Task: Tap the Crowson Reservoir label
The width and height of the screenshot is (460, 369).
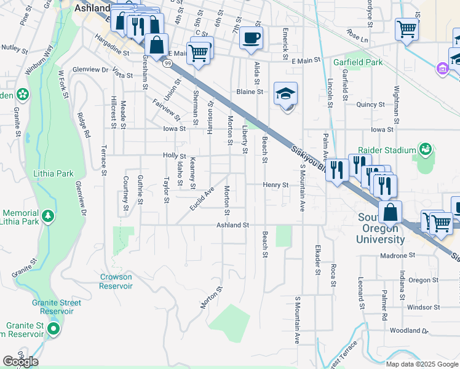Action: (116, 282)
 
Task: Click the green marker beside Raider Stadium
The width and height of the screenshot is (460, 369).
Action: (425, 149)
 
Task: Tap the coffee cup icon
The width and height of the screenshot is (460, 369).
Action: (251, 38)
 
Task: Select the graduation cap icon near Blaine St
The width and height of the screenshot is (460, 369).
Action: (285, 94)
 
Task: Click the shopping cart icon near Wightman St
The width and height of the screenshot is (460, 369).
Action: (407, 28)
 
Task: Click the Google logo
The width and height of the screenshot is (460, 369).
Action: (20, 362)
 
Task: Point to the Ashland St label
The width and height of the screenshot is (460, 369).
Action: (232, 226)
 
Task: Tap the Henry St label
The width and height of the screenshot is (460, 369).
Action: (276, 184)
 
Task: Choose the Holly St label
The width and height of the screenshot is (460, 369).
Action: (174, 156)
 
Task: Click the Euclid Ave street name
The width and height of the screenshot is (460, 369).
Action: (201, 198)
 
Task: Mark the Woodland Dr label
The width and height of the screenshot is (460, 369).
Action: (409, 331)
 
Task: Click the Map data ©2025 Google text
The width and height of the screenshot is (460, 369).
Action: (422, 364)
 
